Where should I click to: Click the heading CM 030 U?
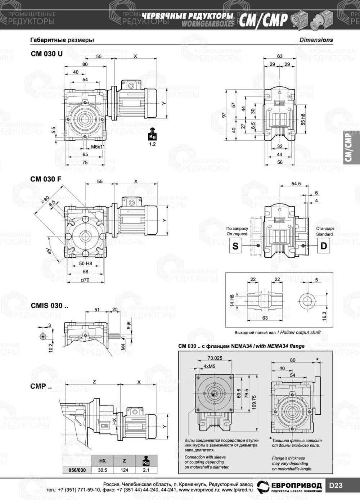[x=46, y=54]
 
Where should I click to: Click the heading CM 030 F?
[x=46, y=179]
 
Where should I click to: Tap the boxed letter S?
[x=235, y=246]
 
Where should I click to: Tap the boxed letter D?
[x=324, y=246]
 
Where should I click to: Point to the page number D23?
[x=336, y=485]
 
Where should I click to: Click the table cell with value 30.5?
[x=103, y=470]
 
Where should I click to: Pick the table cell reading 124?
[x=125, y=470]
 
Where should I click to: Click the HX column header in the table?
[x=103, y=461]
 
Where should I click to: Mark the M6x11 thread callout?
[x=98, y=147]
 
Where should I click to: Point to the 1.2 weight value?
[x=152, y=144]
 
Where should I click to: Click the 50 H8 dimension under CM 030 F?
[x=85, y=263]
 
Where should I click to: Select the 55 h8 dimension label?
[x=303, y=119]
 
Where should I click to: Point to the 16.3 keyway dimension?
[x=324, y=316]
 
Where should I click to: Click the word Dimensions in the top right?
[x=316, y=40]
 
